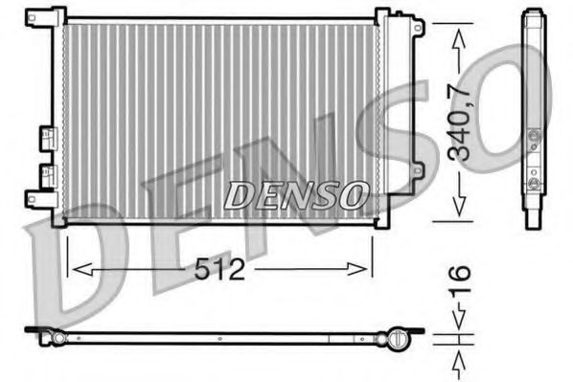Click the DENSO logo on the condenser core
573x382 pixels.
pos(296,194)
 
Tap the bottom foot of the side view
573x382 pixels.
pos(533,221)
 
